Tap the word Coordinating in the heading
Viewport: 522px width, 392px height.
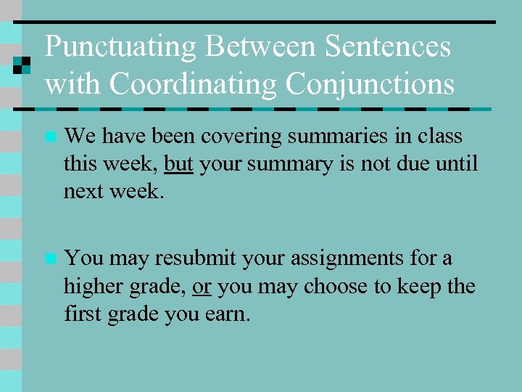pos(192,84)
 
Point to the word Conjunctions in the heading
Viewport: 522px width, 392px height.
pos(370,84)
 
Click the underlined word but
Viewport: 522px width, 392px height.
pos(178,164)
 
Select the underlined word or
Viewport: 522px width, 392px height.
pos(202,287)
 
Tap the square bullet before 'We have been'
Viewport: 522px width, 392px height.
pos(49,136)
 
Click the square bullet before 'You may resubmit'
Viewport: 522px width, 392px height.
pos(49,258)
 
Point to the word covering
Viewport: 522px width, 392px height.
pos(233,136)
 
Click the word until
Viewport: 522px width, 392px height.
pos(458,164)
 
